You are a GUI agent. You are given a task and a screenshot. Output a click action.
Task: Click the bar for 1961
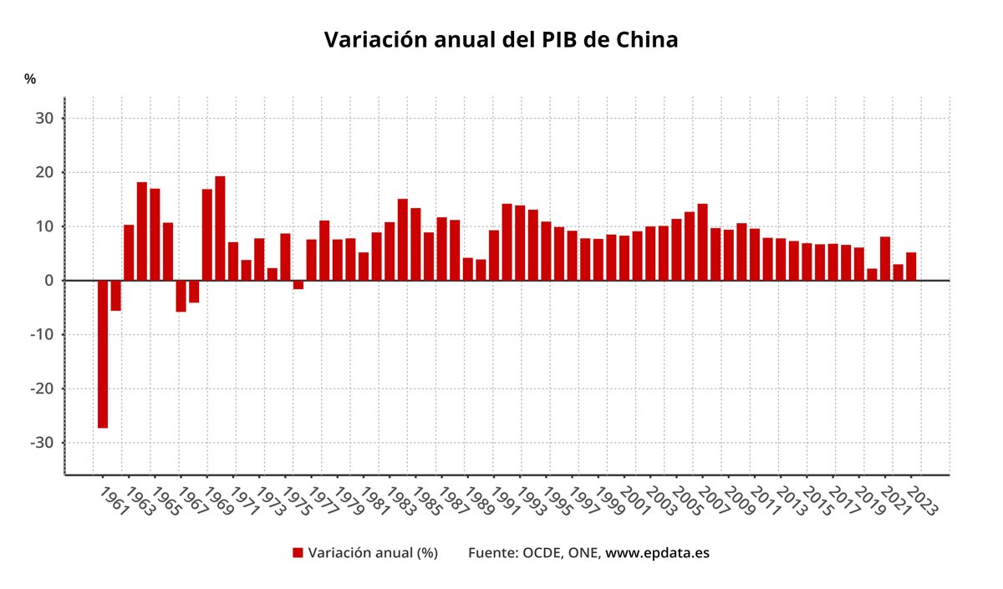tap(103, 354)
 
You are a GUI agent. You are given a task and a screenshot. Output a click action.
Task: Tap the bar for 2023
tap(911, 267)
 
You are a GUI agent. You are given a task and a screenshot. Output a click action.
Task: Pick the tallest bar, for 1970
tap(220, 228)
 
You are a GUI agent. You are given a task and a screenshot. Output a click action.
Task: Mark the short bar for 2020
tap(872, 275)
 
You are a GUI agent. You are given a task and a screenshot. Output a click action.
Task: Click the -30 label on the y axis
tap(41, 443)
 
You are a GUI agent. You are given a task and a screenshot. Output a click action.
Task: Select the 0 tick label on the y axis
tap(49, 281)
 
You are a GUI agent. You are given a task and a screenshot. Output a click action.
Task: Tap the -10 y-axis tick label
tap(41, 335)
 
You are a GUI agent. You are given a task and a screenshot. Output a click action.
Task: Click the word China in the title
tap(647, 39)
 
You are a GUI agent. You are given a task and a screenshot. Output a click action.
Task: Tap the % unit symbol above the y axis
tap(30, 79)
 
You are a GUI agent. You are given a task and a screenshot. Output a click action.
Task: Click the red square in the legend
tap(298, 552)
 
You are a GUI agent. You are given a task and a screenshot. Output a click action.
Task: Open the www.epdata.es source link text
tap(657, 552)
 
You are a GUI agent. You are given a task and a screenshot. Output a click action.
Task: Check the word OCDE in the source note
tap(542, 552)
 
